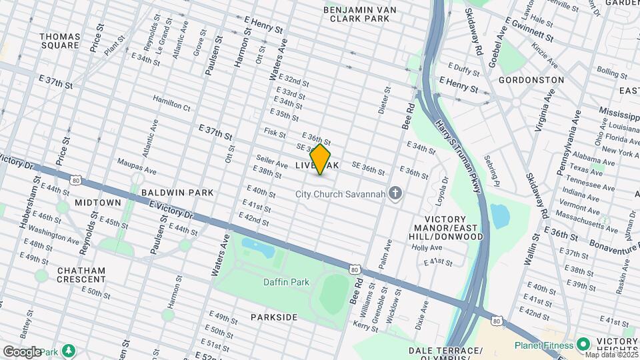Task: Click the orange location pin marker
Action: pos(321,159)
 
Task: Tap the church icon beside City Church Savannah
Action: pos(396,194)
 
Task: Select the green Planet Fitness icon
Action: pos(584,345)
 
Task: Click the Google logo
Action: pos(21,352)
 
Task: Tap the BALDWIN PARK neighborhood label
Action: pos(177,193)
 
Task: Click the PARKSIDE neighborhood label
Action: pos(274,317)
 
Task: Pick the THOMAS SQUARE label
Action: pos(60,41)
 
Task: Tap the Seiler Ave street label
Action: pos(271,162)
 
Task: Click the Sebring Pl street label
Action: pos(493,173)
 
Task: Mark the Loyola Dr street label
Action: pos(439,194)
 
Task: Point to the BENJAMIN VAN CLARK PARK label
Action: pos(365,15)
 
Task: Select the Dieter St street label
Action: pos(385,99)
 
